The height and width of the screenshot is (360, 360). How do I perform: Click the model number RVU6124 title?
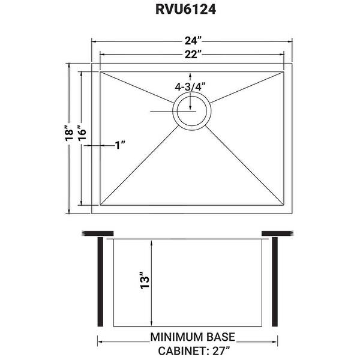[185, 10]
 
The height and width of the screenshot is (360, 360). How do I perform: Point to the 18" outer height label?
[69, 133]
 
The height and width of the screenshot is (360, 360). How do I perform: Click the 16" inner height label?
[82, 133]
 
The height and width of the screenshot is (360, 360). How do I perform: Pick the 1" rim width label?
[120, 145]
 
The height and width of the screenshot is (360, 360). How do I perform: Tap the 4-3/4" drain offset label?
[190, 87]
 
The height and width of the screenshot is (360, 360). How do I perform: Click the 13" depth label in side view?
[145, 280]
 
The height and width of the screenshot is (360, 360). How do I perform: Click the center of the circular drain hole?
[192, 111]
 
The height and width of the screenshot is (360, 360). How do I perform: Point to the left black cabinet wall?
[100, 282]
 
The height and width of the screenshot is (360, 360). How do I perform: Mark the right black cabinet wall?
[275, 282]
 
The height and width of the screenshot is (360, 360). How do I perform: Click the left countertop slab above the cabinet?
[98, 233]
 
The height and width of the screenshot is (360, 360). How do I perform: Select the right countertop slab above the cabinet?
[278, 233]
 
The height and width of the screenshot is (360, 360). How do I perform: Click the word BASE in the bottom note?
[221, 337]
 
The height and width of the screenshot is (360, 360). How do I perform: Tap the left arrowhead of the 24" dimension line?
[94, 41]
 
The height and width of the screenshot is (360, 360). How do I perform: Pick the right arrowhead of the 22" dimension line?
[282, 55]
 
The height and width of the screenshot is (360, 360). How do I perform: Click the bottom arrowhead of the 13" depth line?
[151, 324]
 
